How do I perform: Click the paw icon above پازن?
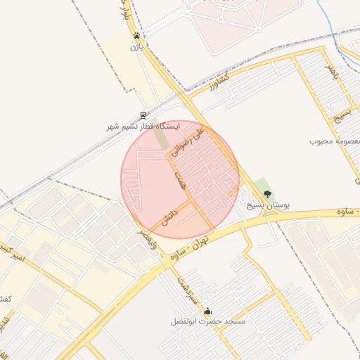[x=136, y=36]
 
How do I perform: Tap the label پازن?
[x=136, y=47]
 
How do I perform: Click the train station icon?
[x=143, y=115]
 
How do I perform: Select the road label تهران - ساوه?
[x=181, y=253]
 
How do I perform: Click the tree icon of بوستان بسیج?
[x=266, y=194]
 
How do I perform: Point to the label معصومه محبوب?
[x=335, y=141]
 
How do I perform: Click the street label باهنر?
[x=332, y=71]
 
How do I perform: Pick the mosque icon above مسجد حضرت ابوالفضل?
[x=207, y=311]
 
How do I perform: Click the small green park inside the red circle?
[x=162, y=139]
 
